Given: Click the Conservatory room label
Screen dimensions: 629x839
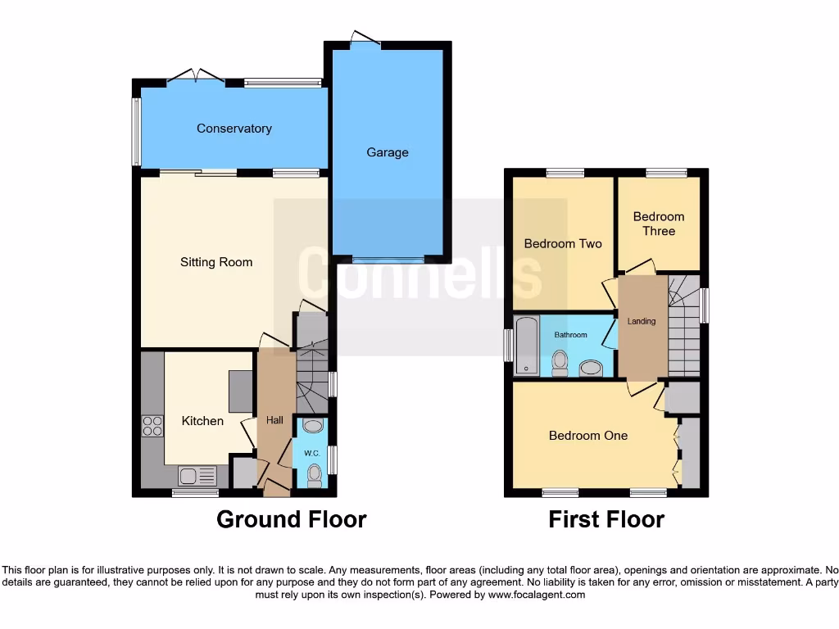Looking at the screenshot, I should pos(234,129).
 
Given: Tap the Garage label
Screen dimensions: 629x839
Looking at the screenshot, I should pos(388,152).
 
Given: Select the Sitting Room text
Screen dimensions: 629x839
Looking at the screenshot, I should pos(216,262).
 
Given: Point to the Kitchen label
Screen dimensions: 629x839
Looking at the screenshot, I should pos(202,421).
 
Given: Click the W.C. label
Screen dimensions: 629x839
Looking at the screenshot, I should pos(311,453).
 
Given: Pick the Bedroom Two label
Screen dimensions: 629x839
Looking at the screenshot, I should pos(563,243).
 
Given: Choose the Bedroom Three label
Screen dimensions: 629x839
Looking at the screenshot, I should pos(659,224).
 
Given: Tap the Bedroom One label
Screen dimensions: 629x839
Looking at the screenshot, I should pos(588,436).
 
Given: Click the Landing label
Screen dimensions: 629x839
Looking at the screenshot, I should pos(642,321).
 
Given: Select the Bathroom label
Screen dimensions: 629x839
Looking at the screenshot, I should pos(570,335).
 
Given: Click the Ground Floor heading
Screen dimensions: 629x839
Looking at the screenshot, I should pos(291,519).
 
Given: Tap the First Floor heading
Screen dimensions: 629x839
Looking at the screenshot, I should pos(606,519).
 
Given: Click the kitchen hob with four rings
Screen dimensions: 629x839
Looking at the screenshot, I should pos(152,426).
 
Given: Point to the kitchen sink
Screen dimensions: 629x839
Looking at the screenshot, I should pos(197,476).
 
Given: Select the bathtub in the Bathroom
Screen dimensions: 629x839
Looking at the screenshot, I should pos(525,345).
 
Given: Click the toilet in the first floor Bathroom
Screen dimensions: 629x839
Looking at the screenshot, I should pos(560,362).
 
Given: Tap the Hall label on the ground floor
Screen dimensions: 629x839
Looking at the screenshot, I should pos(274,420).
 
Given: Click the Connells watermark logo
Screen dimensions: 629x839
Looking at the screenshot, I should pos(419,274).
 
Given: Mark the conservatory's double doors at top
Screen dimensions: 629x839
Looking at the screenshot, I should pos(196,77).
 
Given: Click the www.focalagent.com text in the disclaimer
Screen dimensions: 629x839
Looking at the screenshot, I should pos(537,595).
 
